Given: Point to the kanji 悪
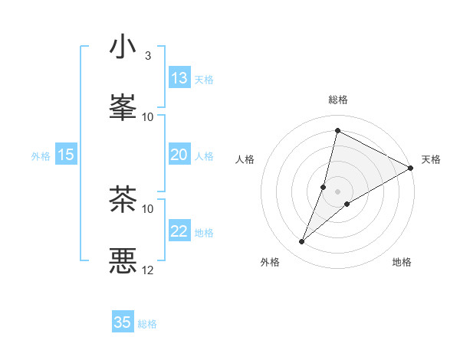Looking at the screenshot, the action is [123, 260].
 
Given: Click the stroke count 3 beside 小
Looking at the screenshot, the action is [148, 56].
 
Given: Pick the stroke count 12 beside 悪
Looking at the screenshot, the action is [148, 270].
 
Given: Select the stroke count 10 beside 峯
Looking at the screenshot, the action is [148, 116].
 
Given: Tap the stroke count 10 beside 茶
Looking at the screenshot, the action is [148, 208].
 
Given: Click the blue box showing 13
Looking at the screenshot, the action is [179, 78].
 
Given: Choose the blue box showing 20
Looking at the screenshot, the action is [179, 155].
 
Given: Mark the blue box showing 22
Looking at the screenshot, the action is [179, 231].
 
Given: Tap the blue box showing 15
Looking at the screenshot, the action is [66, 155].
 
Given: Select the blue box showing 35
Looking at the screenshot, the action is [123, 322].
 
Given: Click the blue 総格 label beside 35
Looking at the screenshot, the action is [147, 324].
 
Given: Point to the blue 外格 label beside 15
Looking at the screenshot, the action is [41, 156].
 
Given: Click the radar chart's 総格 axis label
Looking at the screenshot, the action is [338, 100].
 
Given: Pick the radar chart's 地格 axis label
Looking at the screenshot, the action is [402, 262].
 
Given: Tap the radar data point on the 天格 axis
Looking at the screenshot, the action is [411, 169].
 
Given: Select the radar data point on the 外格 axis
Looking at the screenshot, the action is [301, 242].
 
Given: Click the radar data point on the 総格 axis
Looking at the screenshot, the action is [337, 131].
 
